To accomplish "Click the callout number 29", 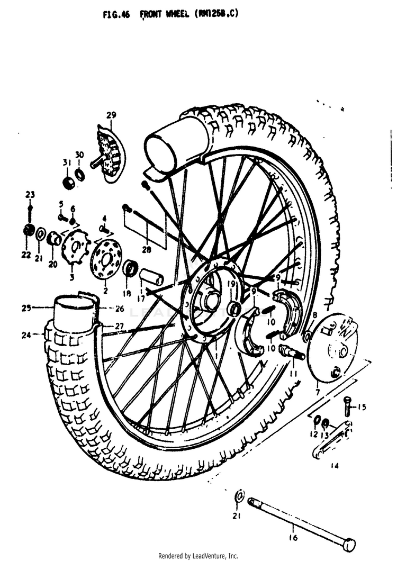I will [111, 115].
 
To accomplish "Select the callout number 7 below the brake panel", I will [317, 392].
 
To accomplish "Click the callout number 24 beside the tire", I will [26, 334].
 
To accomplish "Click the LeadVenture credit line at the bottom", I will [198, 556].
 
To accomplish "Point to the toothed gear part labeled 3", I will [73, 247].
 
